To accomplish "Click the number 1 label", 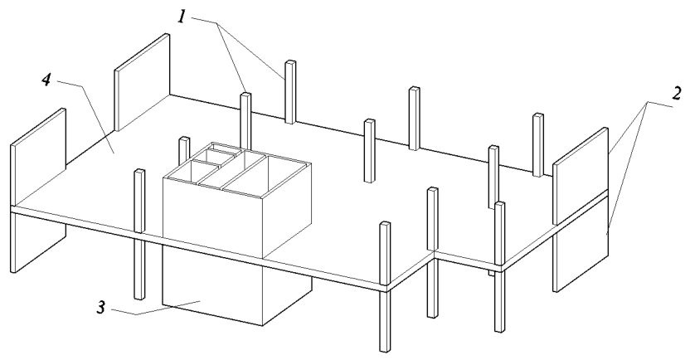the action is click(x=182, y=16).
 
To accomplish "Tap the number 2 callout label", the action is click(x=677, y=94).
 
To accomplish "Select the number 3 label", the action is click(x=102, y=308).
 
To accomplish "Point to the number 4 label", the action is click(x=46, y=80).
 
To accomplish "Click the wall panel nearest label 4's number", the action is click(x=142, y=82).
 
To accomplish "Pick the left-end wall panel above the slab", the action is click(x=38, y=157).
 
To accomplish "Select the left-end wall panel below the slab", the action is click(x=38, y=243).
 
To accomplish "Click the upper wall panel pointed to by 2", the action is click(x=581, y=176).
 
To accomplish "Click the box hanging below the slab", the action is click(x=236, y=286).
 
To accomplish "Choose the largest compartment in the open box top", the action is click(x=263, y=176).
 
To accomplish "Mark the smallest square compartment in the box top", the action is click(x=219, y=157).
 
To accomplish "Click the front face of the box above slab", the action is click(x=213, y=218).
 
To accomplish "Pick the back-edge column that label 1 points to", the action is click(x=290, y=91).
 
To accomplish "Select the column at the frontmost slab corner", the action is click(x=385, y=287).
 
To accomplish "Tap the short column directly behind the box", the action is click(x=184, y=150).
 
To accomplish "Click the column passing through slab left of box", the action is click(x=139, y=234).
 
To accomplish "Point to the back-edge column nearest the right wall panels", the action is click(x=538, y=145).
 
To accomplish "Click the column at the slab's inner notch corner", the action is click(x=433, y=252).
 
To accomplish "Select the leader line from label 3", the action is click(x=156, y=308).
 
